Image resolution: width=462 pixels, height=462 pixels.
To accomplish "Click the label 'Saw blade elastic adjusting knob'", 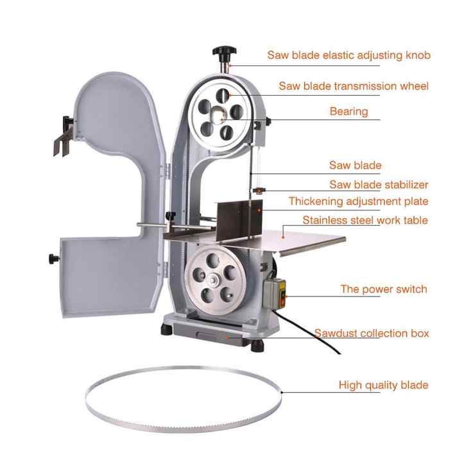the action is point(348,55).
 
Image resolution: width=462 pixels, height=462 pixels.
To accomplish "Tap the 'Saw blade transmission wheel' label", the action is point(353,85).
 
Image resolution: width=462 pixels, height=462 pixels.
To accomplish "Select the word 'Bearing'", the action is point(348,111).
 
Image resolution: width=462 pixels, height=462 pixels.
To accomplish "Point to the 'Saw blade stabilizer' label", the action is point(379,184).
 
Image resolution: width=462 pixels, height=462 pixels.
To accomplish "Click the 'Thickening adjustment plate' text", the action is point(358,201).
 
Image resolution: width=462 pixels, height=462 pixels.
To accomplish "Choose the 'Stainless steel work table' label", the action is point(365,220).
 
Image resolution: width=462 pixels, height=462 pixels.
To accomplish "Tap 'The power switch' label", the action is point(384,289).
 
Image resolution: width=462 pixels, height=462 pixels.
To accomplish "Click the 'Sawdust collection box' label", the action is point(372,333).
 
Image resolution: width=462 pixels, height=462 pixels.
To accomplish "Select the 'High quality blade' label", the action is point(383,385).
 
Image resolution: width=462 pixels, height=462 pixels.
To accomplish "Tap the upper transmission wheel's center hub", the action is point(220,115).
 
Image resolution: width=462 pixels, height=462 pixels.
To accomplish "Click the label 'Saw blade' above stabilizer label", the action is point(355,166).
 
